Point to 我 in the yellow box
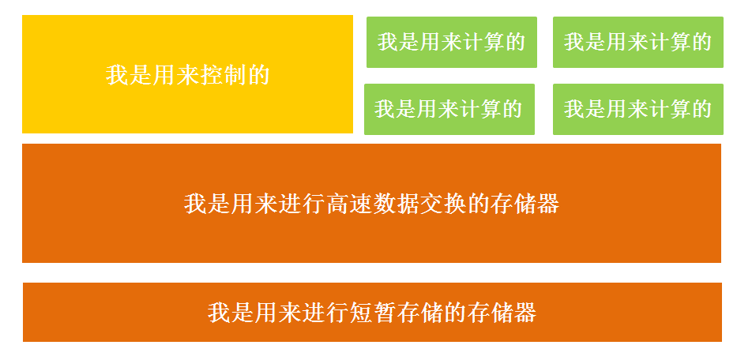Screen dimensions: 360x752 point(116,75)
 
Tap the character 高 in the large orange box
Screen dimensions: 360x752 point(337,204)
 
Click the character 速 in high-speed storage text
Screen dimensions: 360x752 point(360,204)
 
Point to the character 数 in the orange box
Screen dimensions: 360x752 point(383,204)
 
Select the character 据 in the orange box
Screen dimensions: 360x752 point(407,204)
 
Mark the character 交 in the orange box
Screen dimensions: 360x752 point(431,204)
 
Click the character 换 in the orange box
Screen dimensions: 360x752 point(454,204)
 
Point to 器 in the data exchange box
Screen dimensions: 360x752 point(548,204)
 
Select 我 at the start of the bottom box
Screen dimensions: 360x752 point(219,313)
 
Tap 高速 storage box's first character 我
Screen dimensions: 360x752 point(195,204)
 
